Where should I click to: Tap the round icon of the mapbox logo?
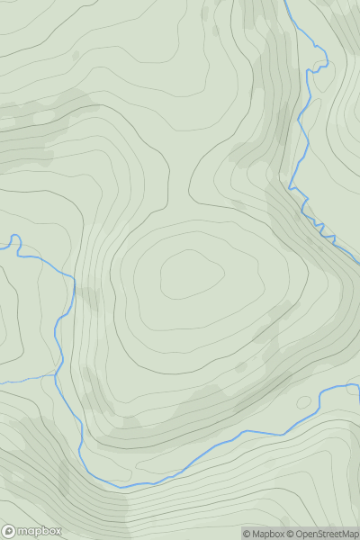coord(10,531)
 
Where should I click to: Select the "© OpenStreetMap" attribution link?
coord(327,534)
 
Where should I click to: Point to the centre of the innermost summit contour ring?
coord(191,275)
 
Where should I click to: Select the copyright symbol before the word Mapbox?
coord(247,534)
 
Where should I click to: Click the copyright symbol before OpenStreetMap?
coord(291,534)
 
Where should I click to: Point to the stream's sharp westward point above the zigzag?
coord(290,184)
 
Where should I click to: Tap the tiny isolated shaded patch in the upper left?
coord(76,55)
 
